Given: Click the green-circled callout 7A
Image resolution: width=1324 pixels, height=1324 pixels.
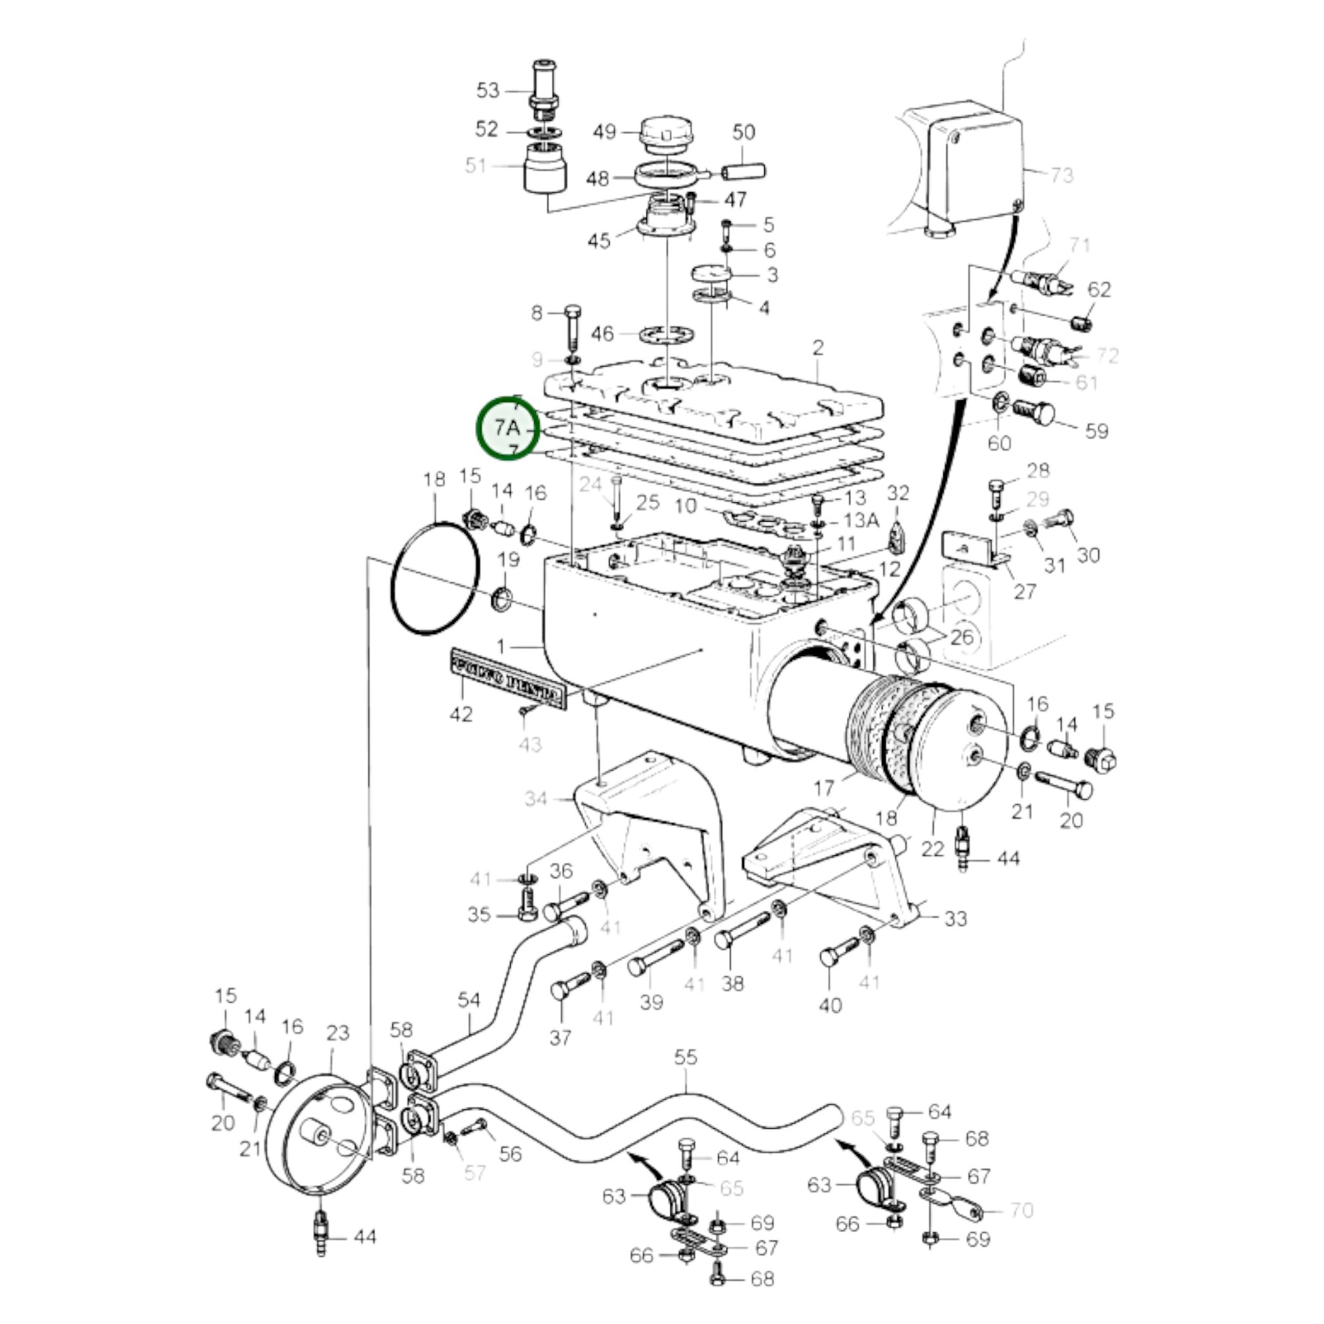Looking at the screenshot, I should [x=508, y=429].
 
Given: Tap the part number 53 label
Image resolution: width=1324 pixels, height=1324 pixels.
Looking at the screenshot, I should [x=488, y=90].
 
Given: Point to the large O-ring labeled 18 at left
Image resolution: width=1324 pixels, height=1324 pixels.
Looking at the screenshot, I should [x=434, y=579].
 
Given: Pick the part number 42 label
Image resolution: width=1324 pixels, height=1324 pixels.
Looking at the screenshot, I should [x=461, y=714].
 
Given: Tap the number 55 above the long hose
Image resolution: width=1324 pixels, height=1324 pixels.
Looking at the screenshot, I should [x=685, y=1057].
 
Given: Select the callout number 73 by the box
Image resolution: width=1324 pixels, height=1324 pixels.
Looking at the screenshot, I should [x=1061, y=176].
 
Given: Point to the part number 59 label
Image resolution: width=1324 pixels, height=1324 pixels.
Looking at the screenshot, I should [x=1097, y=431].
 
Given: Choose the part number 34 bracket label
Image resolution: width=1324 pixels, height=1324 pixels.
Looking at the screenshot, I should [x=536, y=798].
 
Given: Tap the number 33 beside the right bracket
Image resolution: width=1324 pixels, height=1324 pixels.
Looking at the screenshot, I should [x=955, y=918].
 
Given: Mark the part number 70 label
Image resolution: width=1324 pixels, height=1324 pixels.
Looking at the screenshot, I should [x=1021, y=1211].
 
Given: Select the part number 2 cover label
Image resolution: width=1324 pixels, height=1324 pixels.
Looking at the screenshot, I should [x=818, y=348].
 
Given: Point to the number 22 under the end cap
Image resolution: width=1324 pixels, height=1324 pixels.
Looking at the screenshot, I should [x=933, y=849].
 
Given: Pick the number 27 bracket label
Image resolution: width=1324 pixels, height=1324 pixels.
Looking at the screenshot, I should [x=1025, y=591].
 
